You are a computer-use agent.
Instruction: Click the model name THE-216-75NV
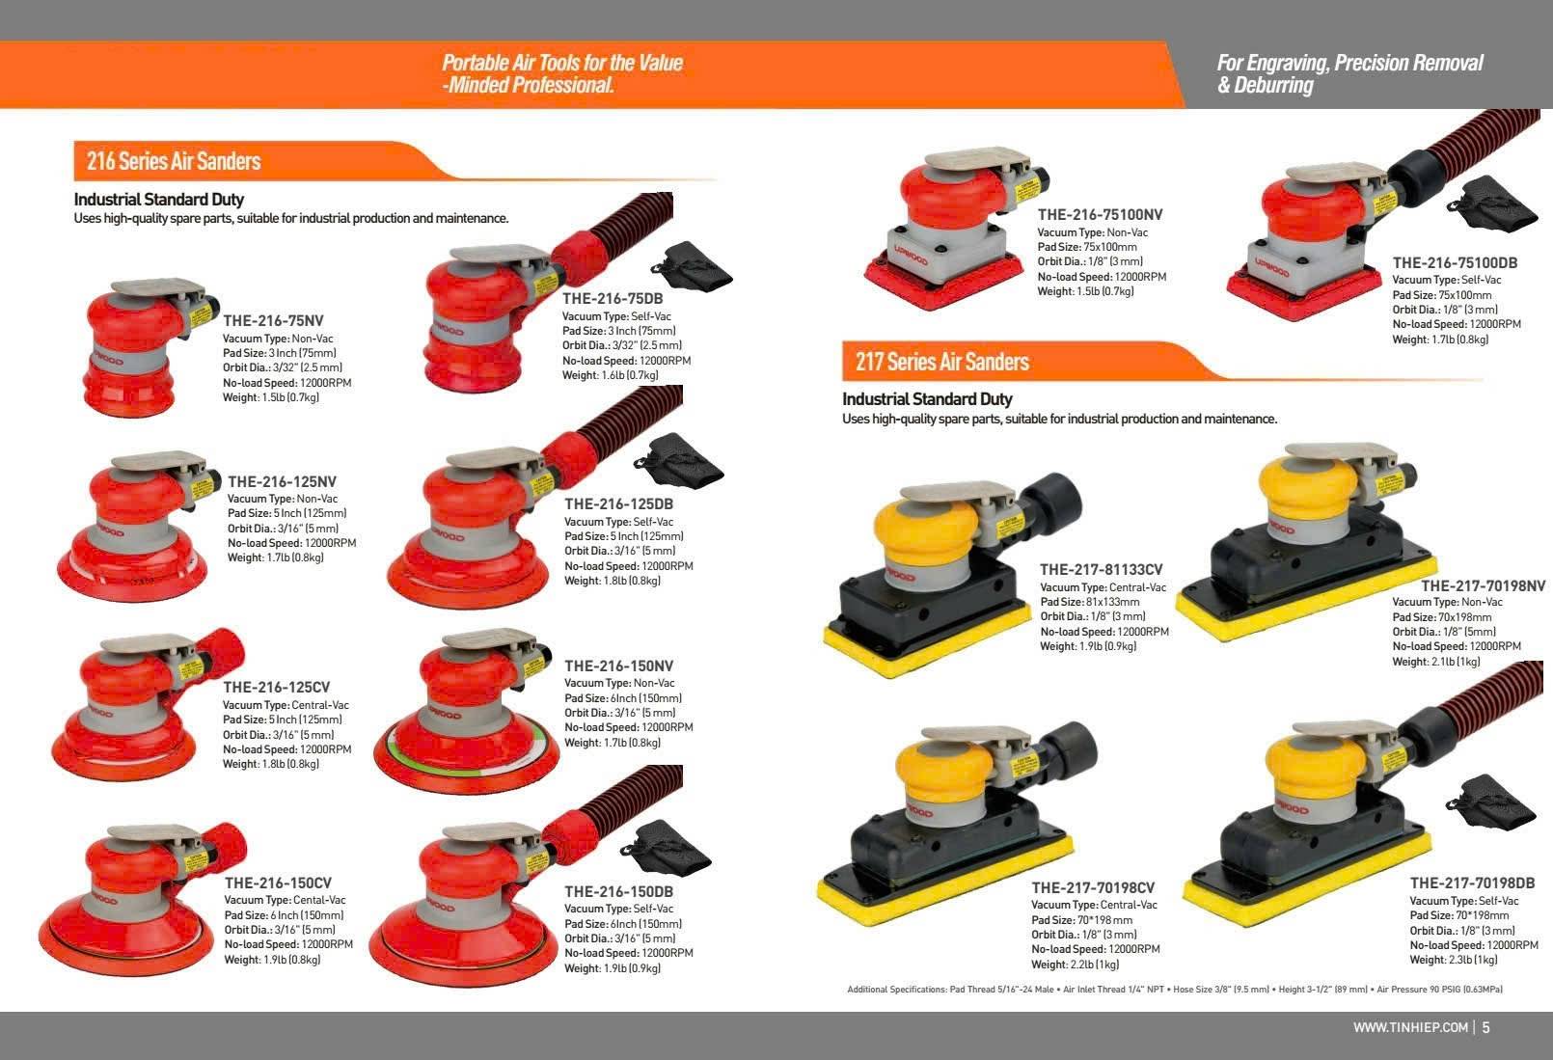pyautogui.click(x=273, y=320)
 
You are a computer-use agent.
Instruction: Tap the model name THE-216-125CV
pyautogui.click(x=276, y=687)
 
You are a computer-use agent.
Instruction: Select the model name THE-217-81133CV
pyautogui.click(x=1101, y=569)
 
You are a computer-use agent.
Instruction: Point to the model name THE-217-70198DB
pyautogui.click(x=1472, y=883)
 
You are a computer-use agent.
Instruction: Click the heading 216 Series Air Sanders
pyautogui.click(x=174, y=161)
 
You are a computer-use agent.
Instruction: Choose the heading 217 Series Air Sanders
pyautogui.click(x=942, y=361)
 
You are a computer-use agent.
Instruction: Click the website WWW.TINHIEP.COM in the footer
pyautogui.click(x=1410, y=1026)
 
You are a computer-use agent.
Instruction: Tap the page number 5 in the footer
pyautogui.click(x=1485, y=1026)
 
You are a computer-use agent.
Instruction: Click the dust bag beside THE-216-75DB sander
pyautogui.click(x=693, y=266)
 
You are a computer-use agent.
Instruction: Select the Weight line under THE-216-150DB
pyautogui.click(x=613, y=967)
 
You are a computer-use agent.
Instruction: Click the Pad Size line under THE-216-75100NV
pyautogui.click(x=1087, y=247)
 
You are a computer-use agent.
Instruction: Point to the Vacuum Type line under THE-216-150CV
pyautogui.click(x=285, y=900)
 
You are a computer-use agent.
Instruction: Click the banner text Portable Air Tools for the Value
pyautogui.click(x=562, y=63)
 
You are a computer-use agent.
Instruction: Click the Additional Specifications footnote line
pyautogui.click(x=1175, y=990)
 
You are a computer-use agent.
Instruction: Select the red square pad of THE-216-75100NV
pyautogui.click(x=943, y=282)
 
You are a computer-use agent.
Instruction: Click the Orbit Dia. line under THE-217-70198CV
pyautogui.click(x=1084, y=934)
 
